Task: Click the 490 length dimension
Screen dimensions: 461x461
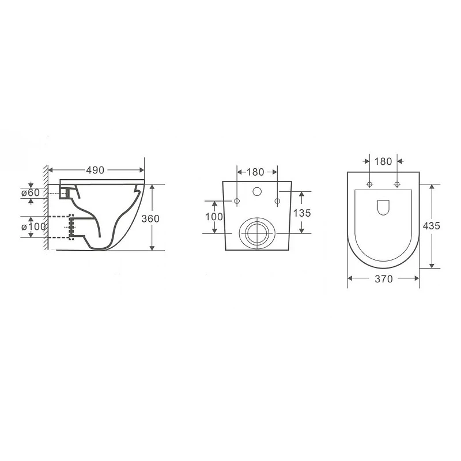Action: pos(95,170)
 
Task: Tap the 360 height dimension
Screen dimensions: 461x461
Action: pos(150,218)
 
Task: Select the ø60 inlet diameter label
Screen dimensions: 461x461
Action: pos(31,193)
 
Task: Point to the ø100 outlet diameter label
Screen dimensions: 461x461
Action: pos(33,226)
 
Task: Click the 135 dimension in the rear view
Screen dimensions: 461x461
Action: pos(302,213)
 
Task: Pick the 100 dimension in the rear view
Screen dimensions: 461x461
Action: pos(214,217)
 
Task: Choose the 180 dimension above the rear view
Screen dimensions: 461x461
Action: pos(255,172)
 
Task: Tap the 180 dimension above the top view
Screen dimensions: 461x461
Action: pos(383,161)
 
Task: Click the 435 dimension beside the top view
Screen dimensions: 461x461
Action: pos(431,226)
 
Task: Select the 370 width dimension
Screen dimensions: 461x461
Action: pos(384,279)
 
